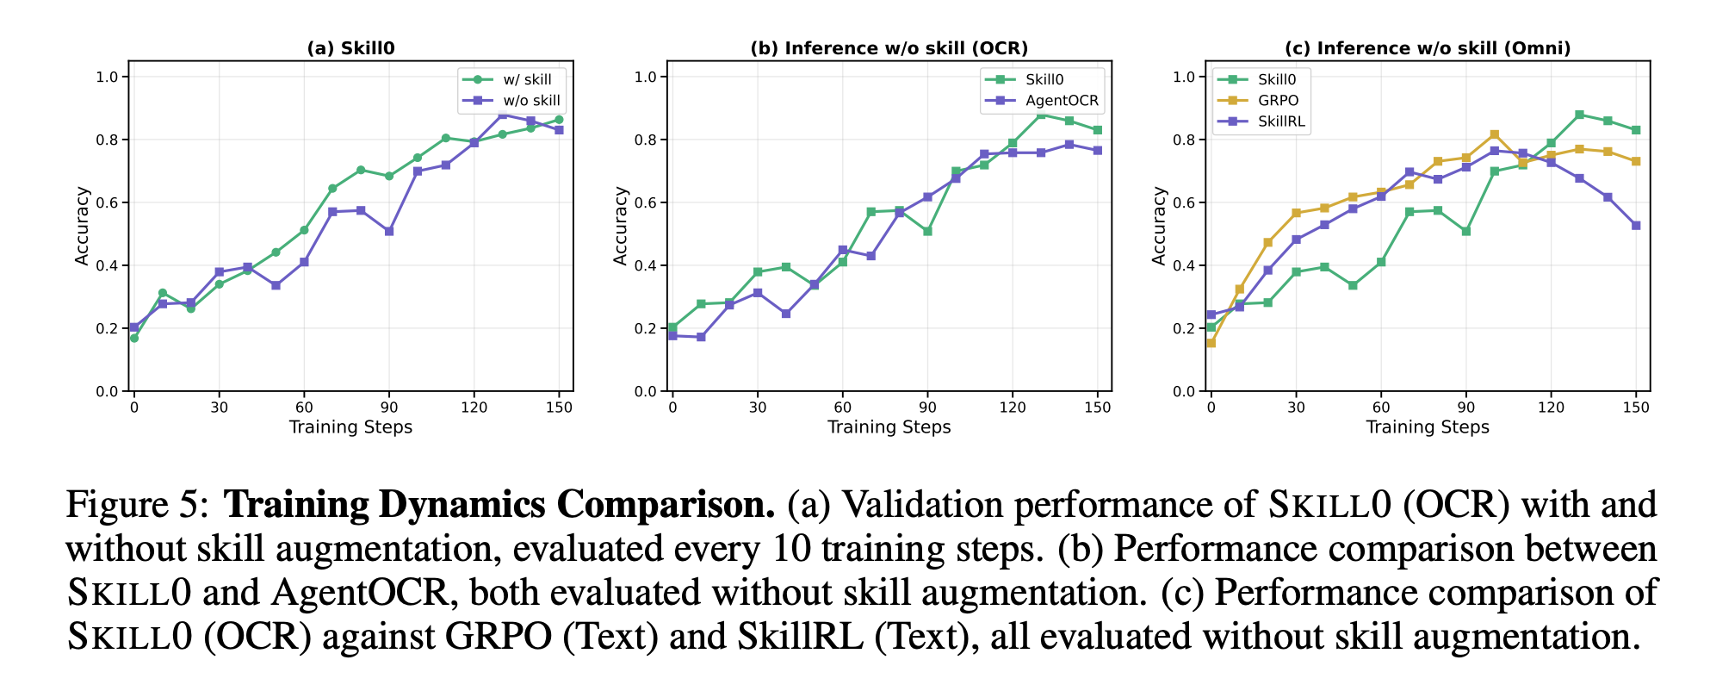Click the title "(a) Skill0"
[350, 48]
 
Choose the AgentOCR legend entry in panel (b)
[1062, 101]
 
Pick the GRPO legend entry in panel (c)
[1278, 101]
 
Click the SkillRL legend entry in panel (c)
[1281, 121]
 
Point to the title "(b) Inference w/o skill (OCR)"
[889, 48]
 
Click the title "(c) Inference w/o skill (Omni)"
[1427, 48]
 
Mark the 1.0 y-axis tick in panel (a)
[107, 77]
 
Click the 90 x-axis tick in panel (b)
[927, 408]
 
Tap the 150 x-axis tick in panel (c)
[1636, 408]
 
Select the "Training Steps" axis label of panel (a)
[350, 427]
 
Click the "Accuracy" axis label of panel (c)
[1159, 226]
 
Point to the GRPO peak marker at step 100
[1494, 134]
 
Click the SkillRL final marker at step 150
[1636, 226]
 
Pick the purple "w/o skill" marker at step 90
[389, 232]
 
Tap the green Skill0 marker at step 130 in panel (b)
[1041, 115]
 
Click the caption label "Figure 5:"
[137, 505]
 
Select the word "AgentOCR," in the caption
[361, 593]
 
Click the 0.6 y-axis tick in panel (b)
[645, 202]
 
